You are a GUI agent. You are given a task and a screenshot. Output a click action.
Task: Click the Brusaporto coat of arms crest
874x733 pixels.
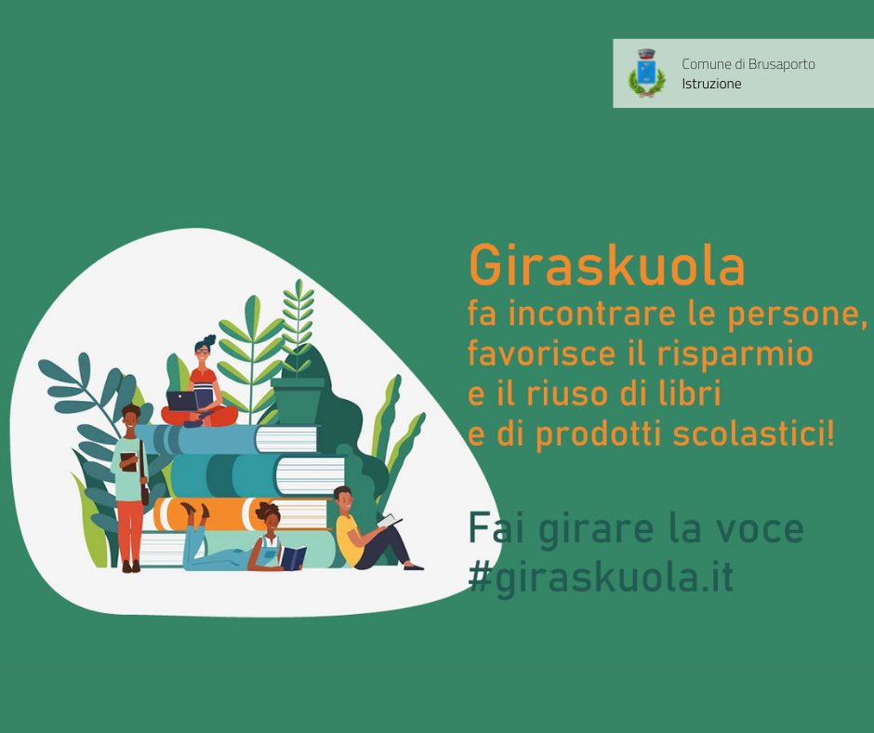[x=646, y=73]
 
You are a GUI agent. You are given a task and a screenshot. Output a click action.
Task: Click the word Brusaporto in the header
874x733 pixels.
[x=781, y=65]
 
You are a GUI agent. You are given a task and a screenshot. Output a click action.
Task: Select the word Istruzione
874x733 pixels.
[x=711, y=85]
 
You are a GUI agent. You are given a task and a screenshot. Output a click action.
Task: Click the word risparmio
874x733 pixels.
[x=735, y=353]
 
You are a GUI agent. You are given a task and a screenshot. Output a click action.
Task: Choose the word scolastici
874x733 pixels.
[x=753, y=433]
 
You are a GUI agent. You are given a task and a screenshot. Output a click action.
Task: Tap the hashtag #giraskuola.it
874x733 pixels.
[x=601, y=578]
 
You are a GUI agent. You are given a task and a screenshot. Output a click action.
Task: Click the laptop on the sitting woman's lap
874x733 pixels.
[x=181, y=401]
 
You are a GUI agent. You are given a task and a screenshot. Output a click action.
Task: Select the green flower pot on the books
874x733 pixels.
[x=298, y=401]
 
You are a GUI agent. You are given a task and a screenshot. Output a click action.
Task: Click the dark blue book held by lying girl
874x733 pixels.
[x=293, y=558]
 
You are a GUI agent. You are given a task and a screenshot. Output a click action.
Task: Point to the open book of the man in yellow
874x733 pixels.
[x=390, y=521]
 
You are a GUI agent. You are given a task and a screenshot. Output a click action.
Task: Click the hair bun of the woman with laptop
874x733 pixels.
[x=209, y=340]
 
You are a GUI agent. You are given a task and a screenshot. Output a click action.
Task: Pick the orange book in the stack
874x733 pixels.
[x=240, y=513]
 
